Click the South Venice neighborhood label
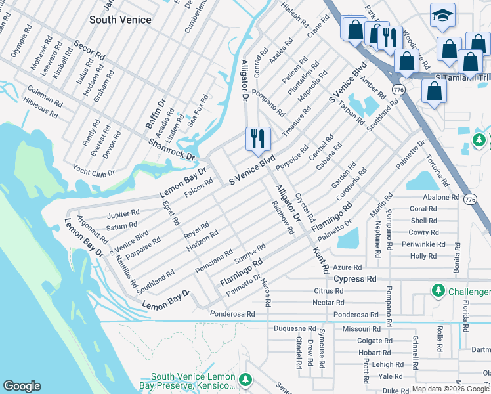pyautogui.click(x=120, y=20)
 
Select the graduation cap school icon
pyautogui.click(x=442, y=14)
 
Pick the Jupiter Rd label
pyautogui.click(x=123, y=213)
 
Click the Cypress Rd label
pyautogui.click(x=354, y=278)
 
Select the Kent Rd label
pyautogui.click(x=321, y=260)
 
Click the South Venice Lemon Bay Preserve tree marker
pyautogui.click(x=245, y=380)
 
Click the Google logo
pyautogui.click(x=22, y=385)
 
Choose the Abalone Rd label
pyautogui.click(x=442, y=197)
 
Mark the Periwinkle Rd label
pyautogui.click(x=423, y=244)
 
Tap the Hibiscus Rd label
pyautogui.click(x=40, y=103)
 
